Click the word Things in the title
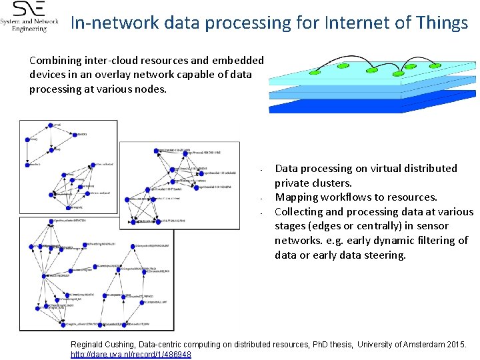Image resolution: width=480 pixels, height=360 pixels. click(440, 23)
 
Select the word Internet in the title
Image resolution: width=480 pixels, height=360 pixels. click(357, 23)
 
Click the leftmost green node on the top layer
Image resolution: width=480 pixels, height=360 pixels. click(310, 71)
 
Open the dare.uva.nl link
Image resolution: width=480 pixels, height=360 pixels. click(131, 354)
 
